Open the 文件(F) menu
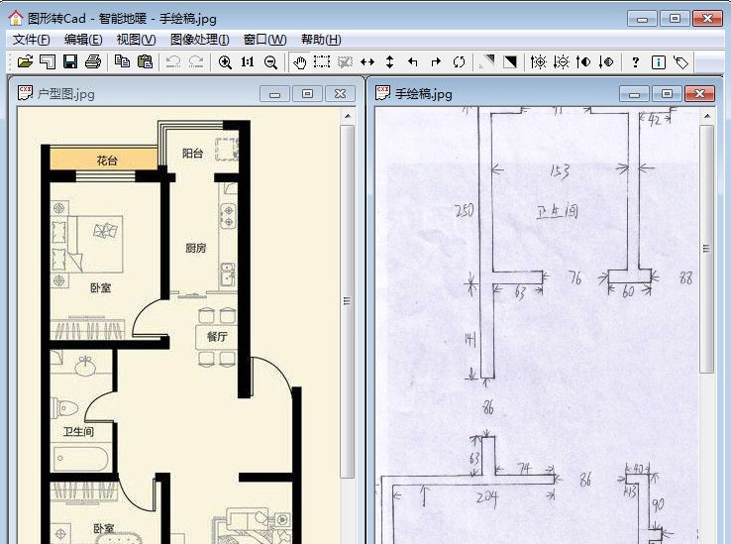[x=31, y=40]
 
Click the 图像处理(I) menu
[x=199, y=40]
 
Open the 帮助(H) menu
[x=320, y=40]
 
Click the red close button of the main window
[x=707, y=18]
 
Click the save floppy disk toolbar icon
[x=70, y=61]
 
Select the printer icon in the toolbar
[x=93, y=61]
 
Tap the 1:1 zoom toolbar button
[x=248, y=61]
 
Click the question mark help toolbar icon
[x=635, y=61]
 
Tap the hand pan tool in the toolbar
[x=300, y=61]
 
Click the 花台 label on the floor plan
[x=107, y=161]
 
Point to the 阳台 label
[x=192, y=154]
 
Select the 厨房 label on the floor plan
[x=195, y=248]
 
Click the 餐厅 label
[x=217, y=337]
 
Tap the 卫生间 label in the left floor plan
[x=78, y=432]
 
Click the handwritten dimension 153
[x=559, y=170]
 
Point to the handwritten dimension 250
[x=463, y=210]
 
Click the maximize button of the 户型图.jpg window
[x=308, y=93]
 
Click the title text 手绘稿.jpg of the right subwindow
[x=423, y=94]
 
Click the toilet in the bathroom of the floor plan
[x=68, y=407]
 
